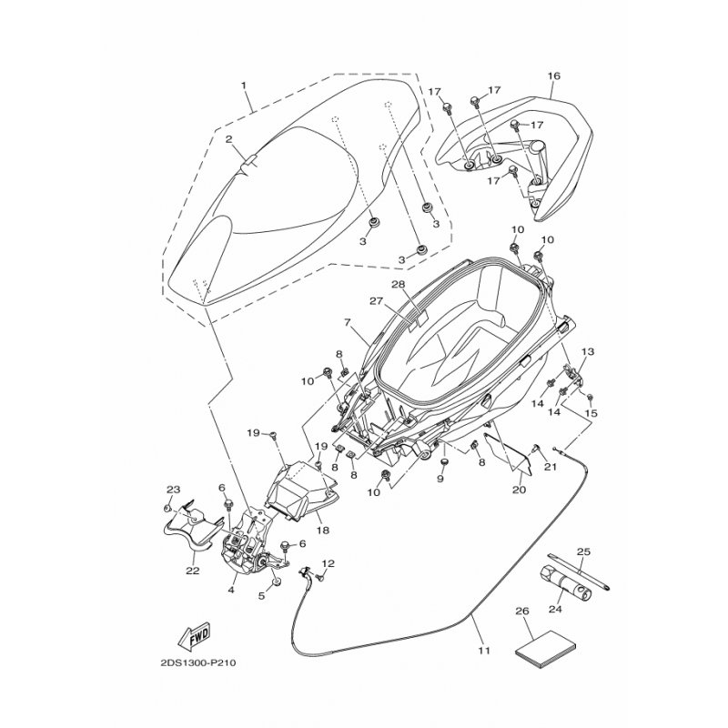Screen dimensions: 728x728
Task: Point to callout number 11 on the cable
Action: tap(484, 651)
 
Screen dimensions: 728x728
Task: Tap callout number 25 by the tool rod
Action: tap(584, 551)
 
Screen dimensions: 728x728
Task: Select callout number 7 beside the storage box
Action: tap(347, 322)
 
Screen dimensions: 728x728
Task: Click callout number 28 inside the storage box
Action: tap(398, 285)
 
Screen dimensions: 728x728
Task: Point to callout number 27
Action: tap(374, 301)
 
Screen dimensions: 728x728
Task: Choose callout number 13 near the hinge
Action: tap(588, 351)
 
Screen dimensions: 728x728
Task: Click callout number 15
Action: tap(591, 413)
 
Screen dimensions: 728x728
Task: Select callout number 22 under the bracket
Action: tap(192, 571)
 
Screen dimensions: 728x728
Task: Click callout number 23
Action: tap(173, 490)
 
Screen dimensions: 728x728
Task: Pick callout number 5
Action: tap(261, 596)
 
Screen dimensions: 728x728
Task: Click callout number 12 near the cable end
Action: tap(329, 563)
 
